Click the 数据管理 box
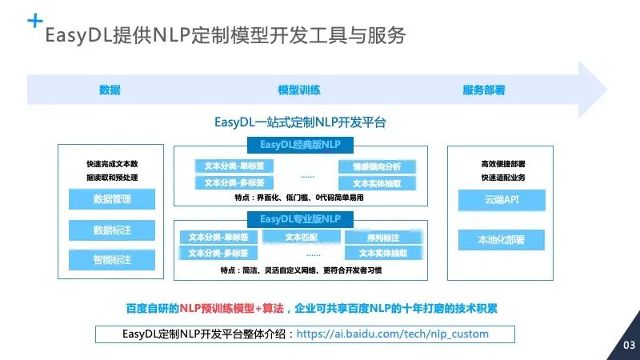(111, 199)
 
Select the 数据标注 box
(111, 230)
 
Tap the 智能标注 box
(111, 260)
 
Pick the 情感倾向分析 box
(370, 166)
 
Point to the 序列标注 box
(382, 238)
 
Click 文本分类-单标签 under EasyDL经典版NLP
(234, 166)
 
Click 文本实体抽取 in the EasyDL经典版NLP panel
(370, 183)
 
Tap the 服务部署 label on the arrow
(483, 90)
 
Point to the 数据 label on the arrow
(110, 90)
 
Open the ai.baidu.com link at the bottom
(392, 334)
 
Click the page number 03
(628, 346)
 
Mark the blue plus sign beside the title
(34, 21)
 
